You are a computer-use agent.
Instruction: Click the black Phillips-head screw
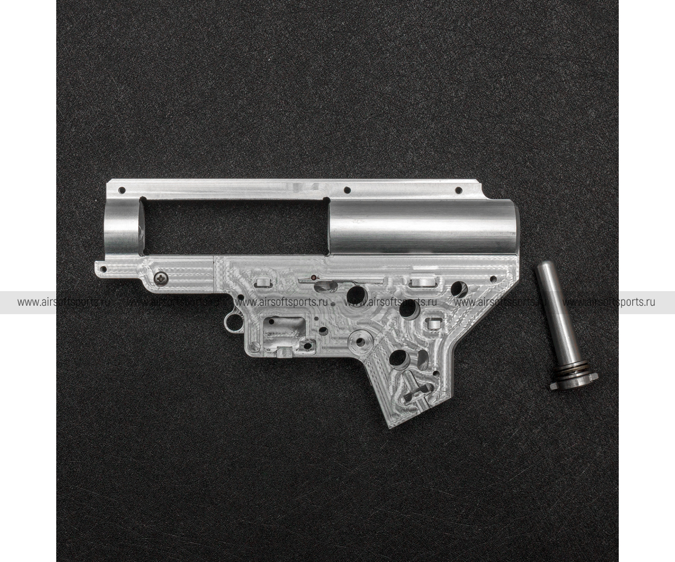point(161,277)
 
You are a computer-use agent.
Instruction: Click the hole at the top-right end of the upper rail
point(458,189)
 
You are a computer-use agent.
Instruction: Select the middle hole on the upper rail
point(347,189)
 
